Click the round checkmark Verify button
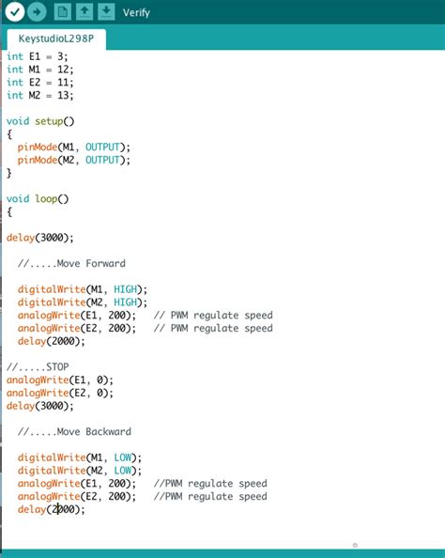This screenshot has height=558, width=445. click(x=15, y=12)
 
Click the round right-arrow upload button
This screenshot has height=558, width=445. click(x=37, y=12)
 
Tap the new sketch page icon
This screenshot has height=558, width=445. click(x=62, y=12)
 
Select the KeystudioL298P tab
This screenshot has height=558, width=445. click(x=56, y=39)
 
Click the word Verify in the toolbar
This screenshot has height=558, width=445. click(x=136, y=13)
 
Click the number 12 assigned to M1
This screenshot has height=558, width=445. click(x=63, y=69)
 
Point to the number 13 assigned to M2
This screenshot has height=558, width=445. click(x=63, y=95)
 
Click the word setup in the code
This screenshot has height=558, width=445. click(x=49, y=121)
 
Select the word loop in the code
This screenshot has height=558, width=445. click(x=46, y=198)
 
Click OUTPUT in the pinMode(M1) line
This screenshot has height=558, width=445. click(x=102, y=147)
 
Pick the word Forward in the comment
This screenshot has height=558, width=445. click(x=106, y=263)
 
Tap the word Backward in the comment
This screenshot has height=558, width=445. click(x=109, y=432)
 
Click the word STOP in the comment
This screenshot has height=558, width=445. click(x=57, y=367)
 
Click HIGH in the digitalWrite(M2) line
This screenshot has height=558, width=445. click(x=125, y=302)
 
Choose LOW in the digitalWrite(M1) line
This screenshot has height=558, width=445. click(x=123, y=457)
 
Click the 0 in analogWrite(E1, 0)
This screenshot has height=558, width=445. click(x=100, y=380)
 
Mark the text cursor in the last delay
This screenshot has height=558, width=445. click(x=58, y=509)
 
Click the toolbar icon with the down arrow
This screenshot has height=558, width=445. click(x=106, y=12)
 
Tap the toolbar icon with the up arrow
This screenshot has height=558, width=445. click(x=84, y=12)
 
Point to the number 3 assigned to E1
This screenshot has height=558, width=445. click(x=60, y=56)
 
